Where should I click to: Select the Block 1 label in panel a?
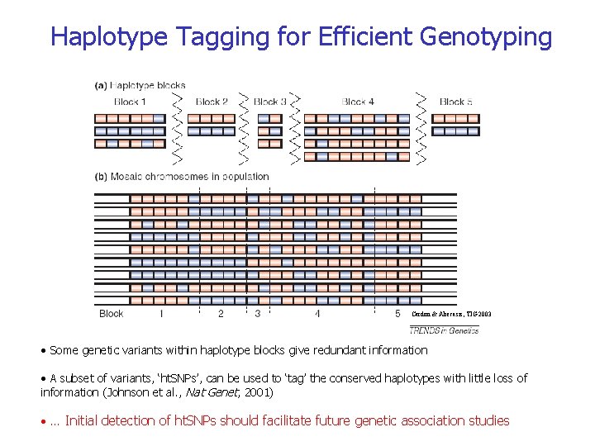130,102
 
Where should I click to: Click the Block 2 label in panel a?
212,102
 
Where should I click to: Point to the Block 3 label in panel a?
270,102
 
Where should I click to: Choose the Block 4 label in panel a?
358,102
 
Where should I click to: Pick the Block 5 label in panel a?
456,102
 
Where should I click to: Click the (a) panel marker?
102,84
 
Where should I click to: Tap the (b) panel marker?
102,176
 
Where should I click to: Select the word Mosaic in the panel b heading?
131,176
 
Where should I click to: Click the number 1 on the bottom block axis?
161,314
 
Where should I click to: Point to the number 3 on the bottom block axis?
258,314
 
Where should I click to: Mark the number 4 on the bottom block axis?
317,314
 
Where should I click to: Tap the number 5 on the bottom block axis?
397,314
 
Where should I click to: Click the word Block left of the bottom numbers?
111,314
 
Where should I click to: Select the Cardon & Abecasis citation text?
453,314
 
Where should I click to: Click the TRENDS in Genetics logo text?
444,330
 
